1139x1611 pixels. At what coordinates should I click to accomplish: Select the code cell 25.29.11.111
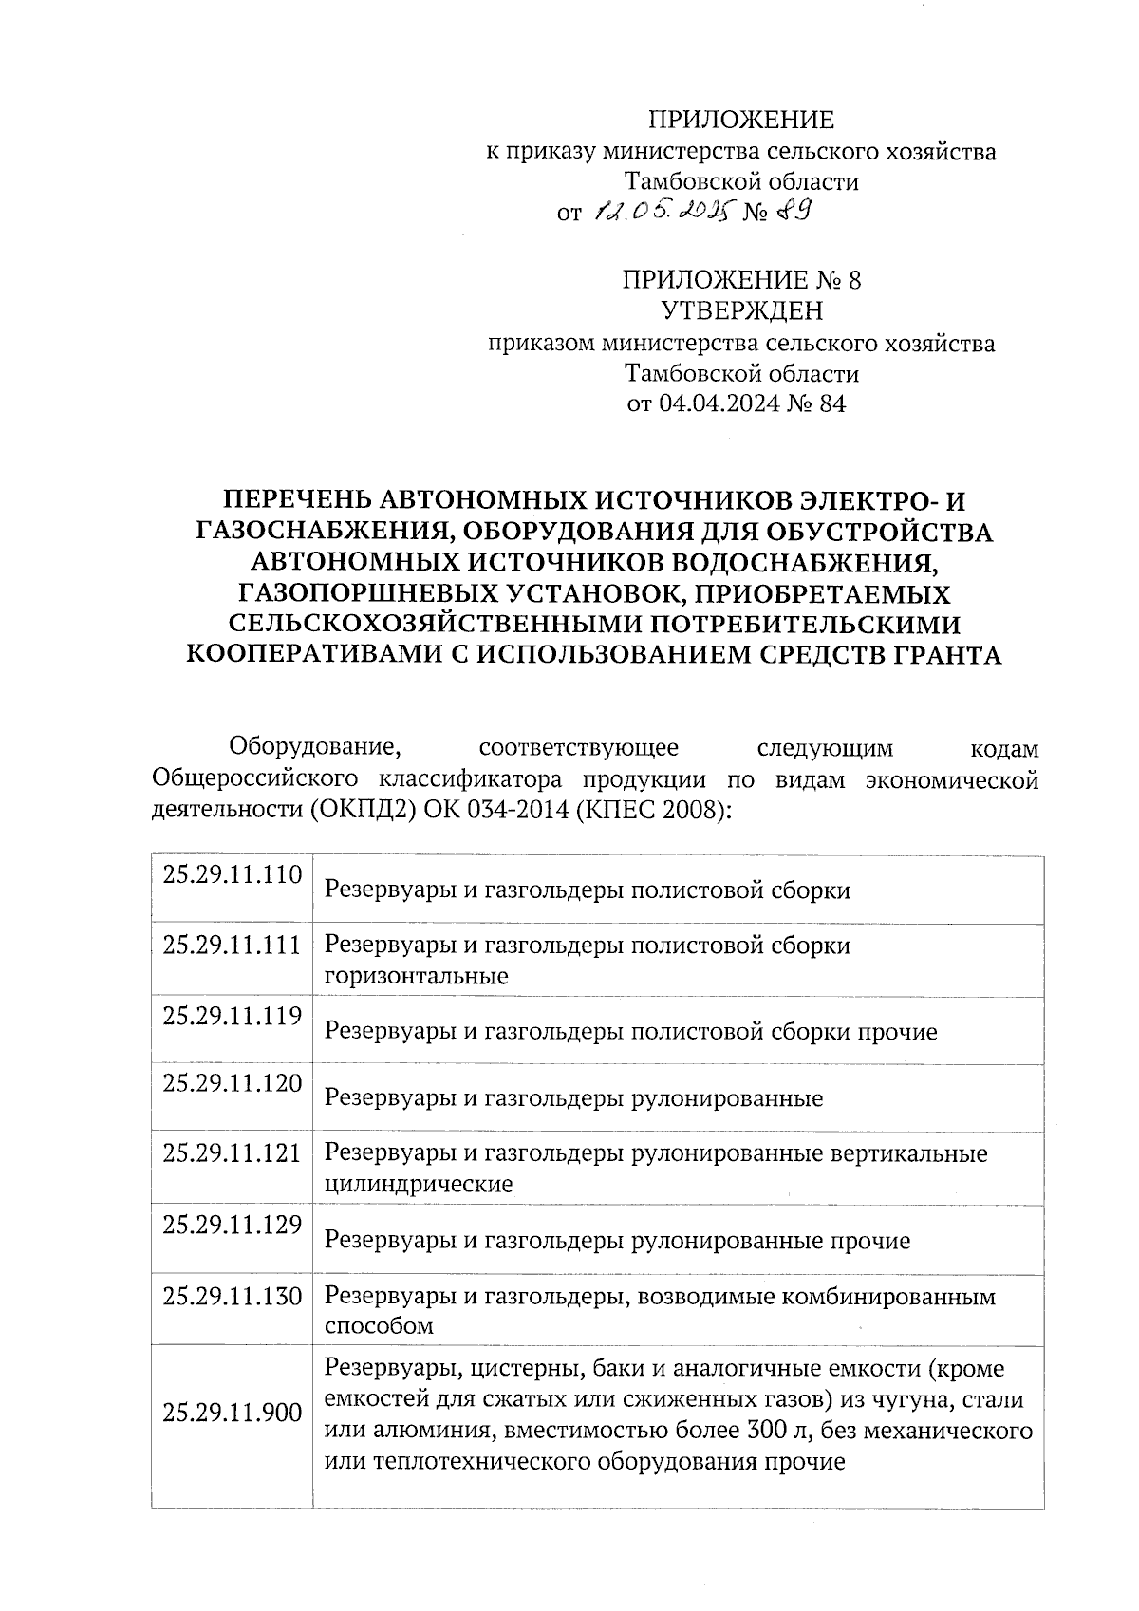(x=232, y=945)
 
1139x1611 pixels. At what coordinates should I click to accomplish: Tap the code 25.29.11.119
(x=232, y=1016)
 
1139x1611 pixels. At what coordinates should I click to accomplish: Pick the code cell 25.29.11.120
(x=232, y=1083)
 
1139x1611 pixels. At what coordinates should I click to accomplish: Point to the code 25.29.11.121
(x=232, y=1152)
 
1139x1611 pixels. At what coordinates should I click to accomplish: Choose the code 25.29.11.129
(x=232, y=1224)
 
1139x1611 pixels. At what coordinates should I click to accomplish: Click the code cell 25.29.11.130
(x=232, y=1295)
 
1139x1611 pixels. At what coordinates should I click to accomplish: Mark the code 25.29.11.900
(x=232, y=1412)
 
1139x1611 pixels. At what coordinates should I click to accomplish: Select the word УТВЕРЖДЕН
(x=741, y=310)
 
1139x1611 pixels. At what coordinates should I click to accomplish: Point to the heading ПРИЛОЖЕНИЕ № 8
(x=741, y=279)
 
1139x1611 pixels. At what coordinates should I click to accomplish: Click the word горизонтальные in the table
(x=417, y=976)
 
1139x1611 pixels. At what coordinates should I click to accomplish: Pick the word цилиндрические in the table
(x=419, y=1184)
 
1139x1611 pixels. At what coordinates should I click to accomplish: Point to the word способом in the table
(x=379, y=1326)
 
